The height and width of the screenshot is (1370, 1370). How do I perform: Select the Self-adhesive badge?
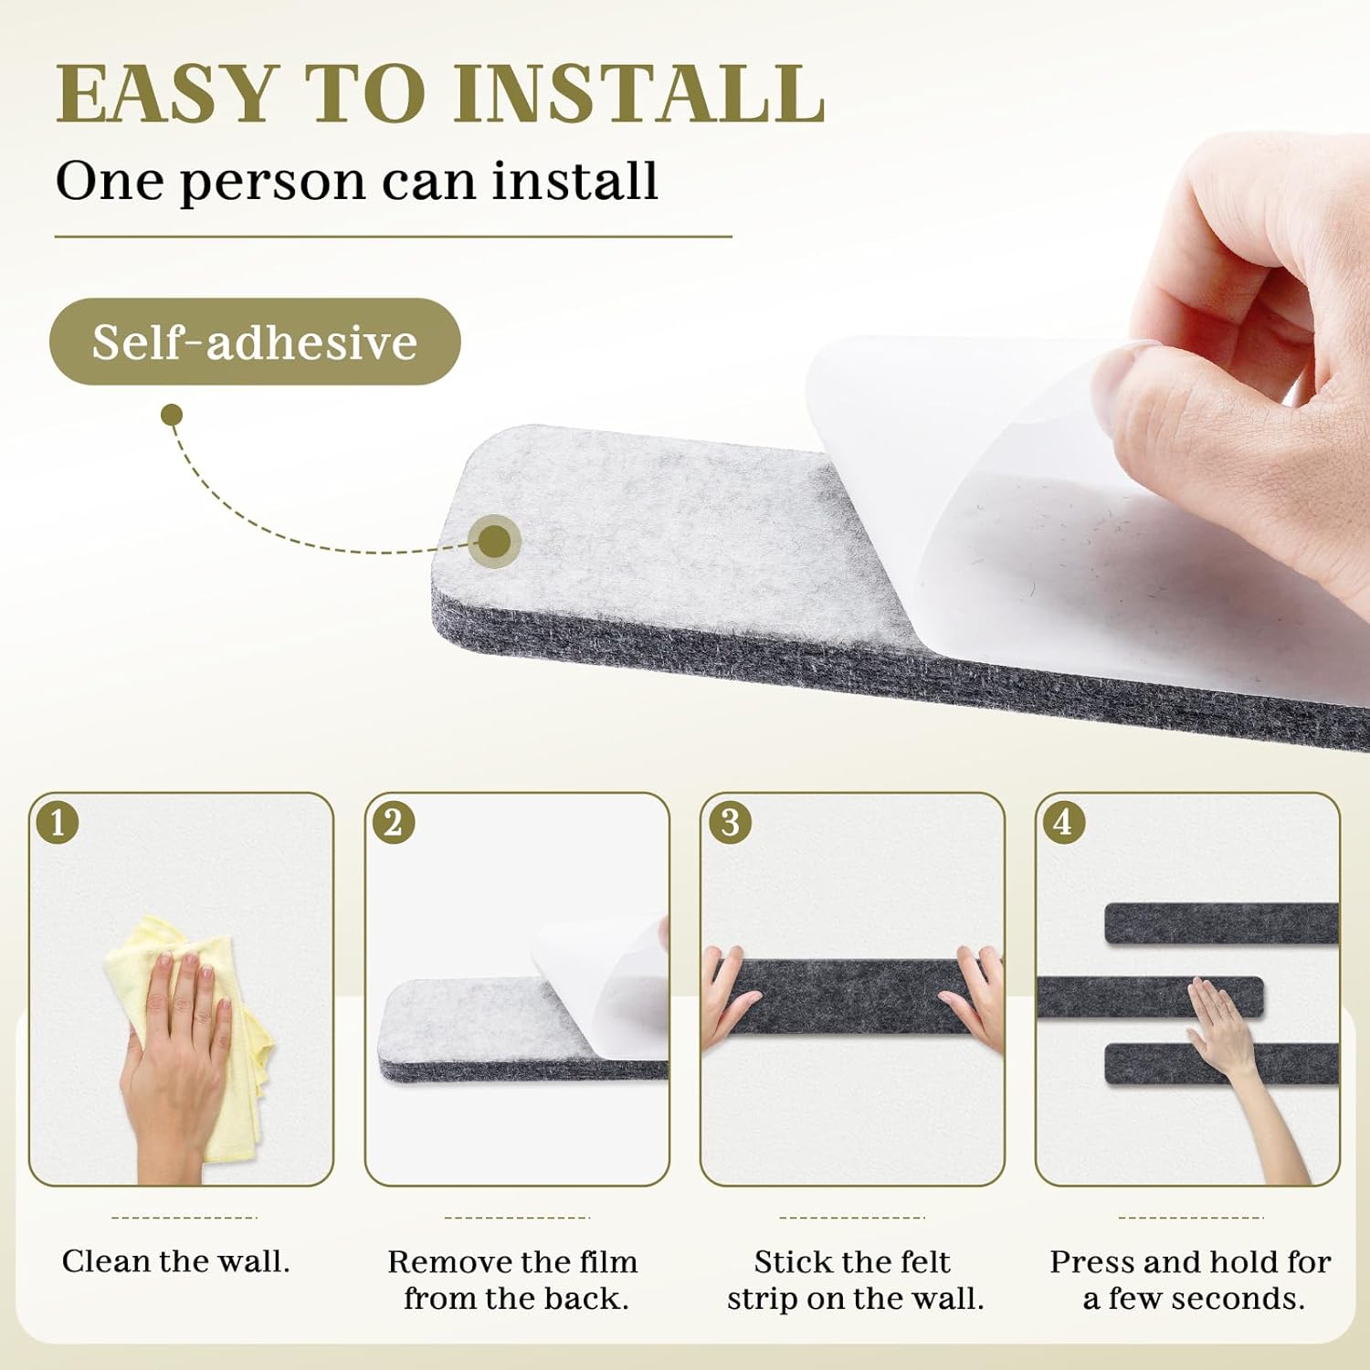tap(255, 342)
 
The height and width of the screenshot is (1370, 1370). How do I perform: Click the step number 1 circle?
tap(58, 823)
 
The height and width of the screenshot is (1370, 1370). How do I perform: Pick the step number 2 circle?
tap(394, 823)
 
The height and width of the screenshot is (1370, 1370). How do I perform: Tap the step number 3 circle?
tap(730, 823)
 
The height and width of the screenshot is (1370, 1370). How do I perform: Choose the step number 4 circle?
tap(1064, 823)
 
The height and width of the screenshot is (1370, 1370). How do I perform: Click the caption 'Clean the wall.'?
tap(176, 1261)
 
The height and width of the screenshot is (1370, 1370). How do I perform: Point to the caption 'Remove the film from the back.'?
tap(513, 1280)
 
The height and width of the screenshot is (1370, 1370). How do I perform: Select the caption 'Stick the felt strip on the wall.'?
tap(855, 1280)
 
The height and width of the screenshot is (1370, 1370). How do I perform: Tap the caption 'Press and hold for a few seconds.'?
tap(1190, 1280)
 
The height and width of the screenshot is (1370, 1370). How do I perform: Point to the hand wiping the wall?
tap(174, 1059)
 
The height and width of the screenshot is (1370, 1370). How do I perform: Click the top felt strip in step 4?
tap(1222, 923)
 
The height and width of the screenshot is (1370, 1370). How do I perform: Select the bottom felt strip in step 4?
tap(1222, 1064)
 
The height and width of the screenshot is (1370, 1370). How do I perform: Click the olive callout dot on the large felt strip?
tap(495, 542)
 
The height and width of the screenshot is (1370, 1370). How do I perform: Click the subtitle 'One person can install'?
tap(357, 181)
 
